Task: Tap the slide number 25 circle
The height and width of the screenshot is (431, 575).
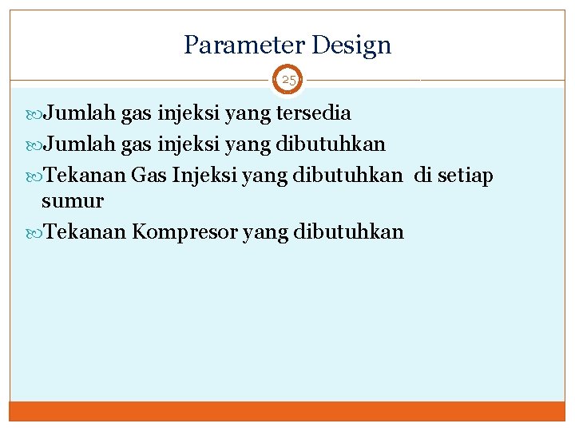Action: click(x=288, y=81)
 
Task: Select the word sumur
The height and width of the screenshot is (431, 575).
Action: click(x=72, y=201)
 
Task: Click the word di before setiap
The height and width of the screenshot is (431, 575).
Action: click(x=422, y=176)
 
